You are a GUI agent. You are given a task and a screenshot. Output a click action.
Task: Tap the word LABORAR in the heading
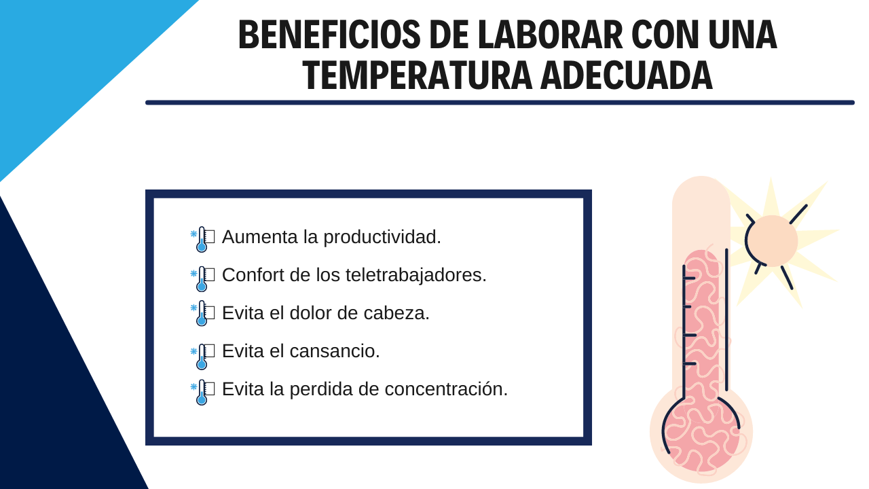tap(550, 35)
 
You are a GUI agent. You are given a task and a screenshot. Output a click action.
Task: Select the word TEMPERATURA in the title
tap(418, 75)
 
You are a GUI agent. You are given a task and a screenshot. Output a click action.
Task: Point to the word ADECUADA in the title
tap(627, 75)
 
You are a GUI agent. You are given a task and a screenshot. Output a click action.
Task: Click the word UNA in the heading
tap(743, 35)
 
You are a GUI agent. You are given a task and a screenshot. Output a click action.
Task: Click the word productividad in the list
tap(382, 238)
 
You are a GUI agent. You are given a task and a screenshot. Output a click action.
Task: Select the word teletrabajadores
tap(416, 275)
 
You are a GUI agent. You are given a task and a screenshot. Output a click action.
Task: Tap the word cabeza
tap(396, 313)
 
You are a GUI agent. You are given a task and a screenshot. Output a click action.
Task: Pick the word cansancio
tap(335, 351)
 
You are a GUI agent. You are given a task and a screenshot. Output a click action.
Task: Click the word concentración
tap(446, 389)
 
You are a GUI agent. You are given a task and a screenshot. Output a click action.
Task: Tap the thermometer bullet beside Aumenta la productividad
tap(201, 240)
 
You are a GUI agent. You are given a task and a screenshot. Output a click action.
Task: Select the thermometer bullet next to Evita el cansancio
tap(201, 357)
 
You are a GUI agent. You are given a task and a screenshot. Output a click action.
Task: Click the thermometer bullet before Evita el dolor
tap(201, 313)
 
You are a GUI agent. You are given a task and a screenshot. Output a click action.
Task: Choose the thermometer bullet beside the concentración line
tap(201, 393)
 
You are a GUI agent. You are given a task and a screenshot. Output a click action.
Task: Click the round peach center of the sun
tap(772, 241)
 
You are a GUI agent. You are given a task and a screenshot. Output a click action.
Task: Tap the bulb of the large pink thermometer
tap(701, 435)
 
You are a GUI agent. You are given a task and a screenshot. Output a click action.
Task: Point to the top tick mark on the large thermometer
tap(689, 278)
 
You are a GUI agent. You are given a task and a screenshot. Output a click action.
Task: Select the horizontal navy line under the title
tap(500, 103)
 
